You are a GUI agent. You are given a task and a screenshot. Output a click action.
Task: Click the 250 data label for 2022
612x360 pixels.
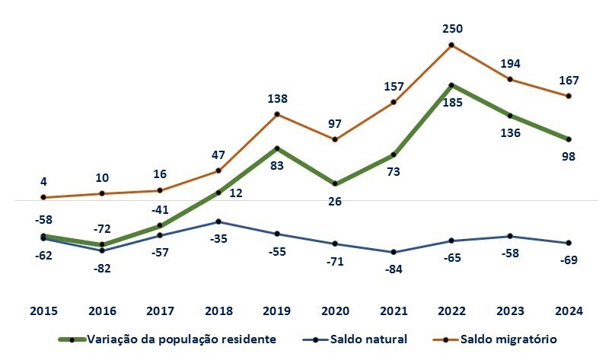pyautogui.click(x=452, y=29)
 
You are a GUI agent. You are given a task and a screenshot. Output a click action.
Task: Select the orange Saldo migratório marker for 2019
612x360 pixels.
pyautogui.click(x=277, y=114)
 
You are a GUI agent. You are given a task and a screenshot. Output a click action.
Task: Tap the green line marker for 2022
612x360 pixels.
pyautogui.click(x=452, y=85)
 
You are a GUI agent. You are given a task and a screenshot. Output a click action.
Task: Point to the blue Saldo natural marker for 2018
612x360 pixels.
pyautogui.click(x=218, y=221)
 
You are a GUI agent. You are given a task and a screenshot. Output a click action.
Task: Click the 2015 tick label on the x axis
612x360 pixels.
pyautogui.click(x=44, y=311)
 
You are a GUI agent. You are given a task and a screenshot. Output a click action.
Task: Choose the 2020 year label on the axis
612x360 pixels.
pyautogui.click(x=335, y=311)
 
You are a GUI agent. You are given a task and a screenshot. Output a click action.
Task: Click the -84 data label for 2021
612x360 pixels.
pyautogui.click(x=394, y=269)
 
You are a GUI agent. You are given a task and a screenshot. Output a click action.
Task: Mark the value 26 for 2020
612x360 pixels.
pyautogui.click(x=335, y=202)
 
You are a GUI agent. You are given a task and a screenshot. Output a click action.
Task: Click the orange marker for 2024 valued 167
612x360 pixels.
pyautogui.click(x=569, y=96)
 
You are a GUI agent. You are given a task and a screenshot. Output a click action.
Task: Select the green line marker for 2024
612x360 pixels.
pyautogui.click(x=569, y=139)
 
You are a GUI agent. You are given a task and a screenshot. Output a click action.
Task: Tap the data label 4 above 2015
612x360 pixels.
pyautogui.click(x=44, y=182)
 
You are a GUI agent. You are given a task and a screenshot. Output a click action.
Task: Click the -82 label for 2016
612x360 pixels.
pyautogui.click(x=102, y=268)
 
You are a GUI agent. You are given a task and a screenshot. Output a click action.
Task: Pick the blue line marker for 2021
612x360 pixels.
pyautogui.click(x=394, y=252)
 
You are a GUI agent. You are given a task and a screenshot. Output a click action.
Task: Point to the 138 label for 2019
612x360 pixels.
pyautogui.click(x=277, y=99)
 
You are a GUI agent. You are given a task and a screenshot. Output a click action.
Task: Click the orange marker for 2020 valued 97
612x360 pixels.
pyautogui.click(x=335, y=139)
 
